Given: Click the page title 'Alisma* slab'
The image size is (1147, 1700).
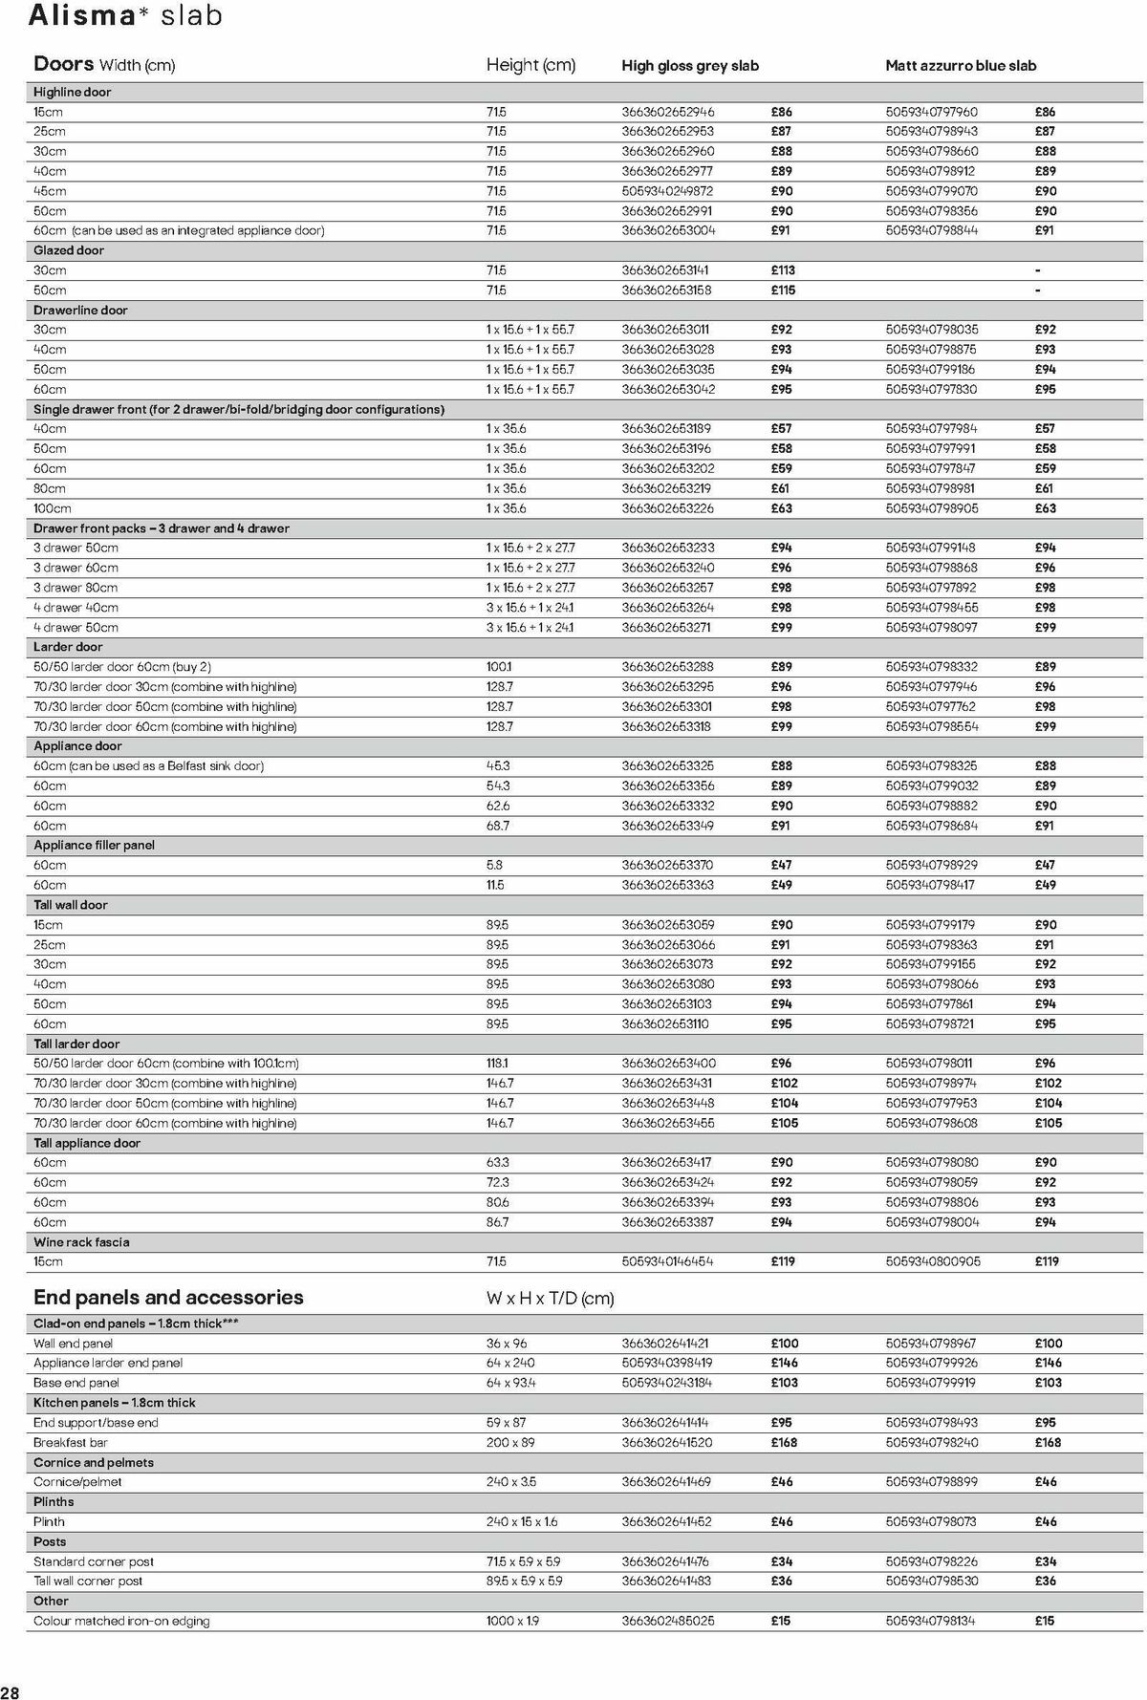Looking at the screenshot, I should pos(126,16).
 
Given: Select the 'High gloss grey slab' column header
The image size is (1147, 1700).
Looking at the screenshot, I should pos(689,66).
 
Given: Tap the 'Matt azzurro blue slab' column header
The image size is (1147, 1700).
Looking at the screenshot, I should pos(960,66).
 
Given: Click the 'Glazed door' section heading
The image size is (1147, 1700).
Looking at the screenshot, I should pos(69,250).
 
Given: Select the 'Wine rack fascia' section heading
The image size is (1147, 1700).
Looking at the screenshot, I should pos(81,1242).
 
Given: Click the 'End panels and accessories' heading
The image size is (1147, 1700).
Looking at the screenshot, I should pos(168,1298).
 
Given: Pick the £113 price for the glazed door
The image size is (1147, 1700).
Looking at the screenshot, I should pos(783,270).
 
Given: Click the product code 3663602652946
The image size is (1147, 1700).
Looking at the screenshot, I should pos(667,112).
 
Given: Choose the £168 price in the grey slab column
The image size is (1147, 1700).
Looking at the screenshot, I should pos(784,1443).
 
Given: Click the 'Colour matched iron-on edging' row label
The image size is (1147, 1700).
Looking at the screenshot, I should pos(121,1622).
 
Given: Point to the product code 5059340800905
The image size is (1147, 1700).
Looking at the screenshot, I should pos(932,1261).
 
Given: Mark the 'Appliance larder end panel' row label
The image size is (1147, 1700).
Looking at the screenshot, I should pos(108,1364).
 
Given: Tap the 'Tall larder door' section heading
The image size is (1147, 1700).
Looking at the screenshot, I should pos(76,1044).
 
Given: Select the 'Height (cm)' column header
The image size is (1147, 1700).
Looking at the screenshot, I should pos(530,65).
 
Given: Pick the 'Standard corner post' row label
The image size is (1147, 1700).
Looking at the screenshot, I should pos(94,1562).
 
